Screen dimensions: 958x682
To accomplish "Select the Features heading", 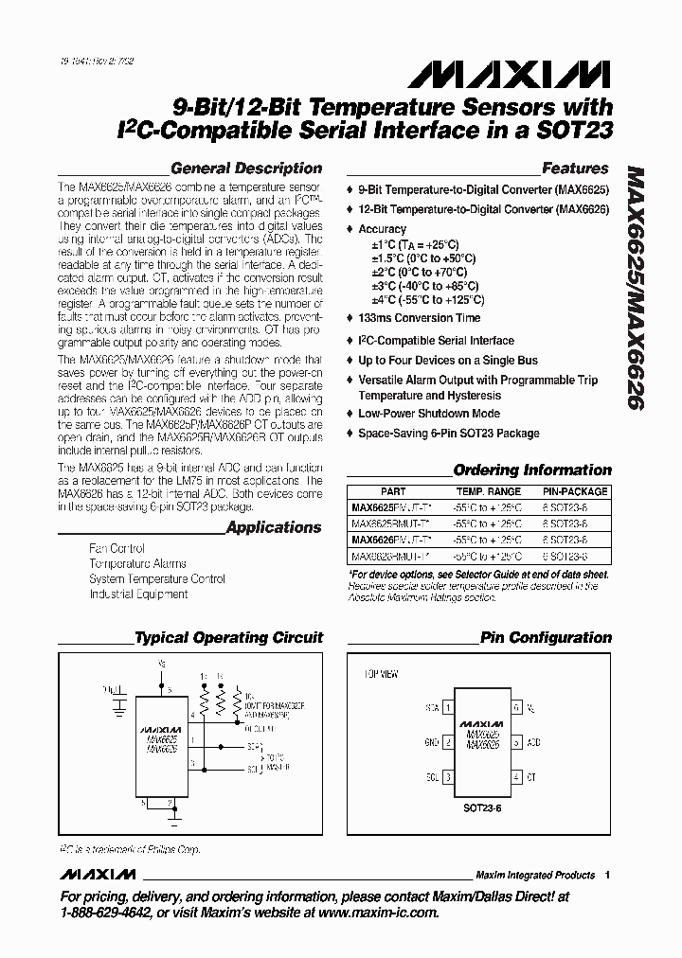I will pyautogui.click(x=574, y=169).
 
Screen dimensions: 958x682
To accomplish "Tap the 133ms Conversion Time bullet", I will pyautogui.click(x=419, y=318).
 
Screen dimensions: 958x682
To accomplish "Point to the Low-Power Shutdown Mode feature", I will pyautogui.click(x=428, y=414).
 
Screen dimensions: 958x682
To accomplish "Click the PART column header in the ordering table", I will pyautogui.click(x=393, y=492).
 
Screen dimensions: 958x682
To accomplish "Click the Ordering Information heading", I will pyautogui.click(x=532, y=470).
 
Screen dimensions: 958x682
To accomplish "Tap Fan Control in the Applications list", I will pyautogui.click(x=117, y=549).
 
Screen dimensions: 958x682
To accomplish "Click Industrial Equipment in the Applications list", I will pyautogui.click(x=138, y=594).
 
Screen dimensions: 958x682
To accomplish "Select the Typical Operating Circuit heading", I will pyautogui.click(x=228, y=638).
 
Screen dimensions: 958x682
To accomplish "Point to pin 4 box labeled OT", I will pyautogui.click(x=516, y=777).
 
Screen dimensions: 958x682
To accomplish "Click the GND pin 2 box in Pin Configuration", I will pyautogui.click(x=447, y=742).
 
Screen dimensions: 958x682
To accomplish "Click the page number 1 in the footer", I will pyautogui.click(x=607, y=875).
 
